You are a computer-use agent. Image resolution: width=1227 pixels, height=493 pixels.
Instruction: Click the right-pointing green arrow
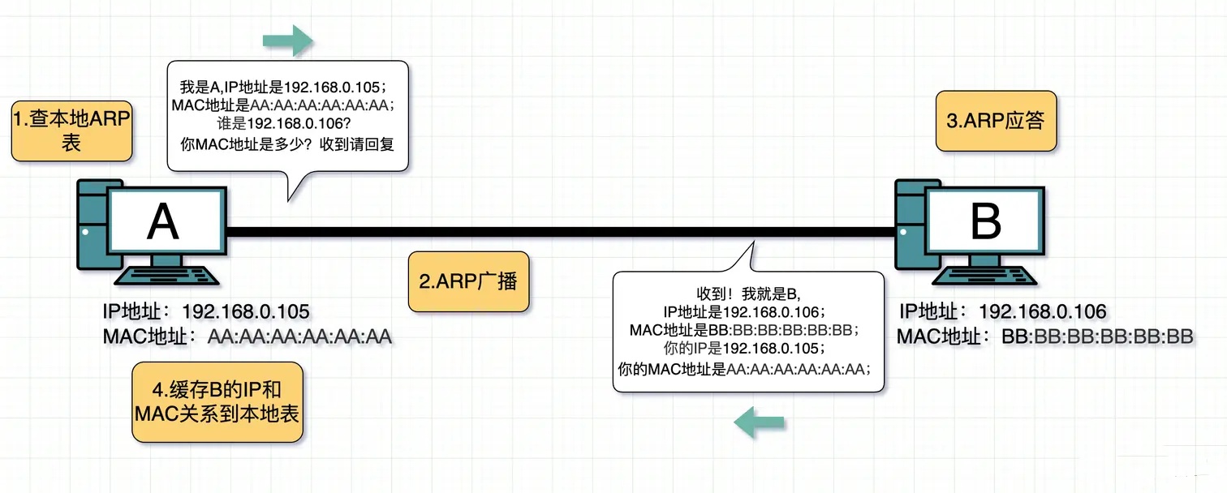pyautogui.click(x=288, y=40)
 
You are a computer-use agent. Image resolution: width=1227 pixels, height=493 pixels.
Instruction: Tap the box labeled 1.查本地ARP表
pyautogui.click(x=71, y=131)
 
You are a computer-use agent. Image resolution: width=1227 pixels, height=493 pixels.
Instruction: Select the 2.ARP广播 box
pyautogui.click(x=468, y=282)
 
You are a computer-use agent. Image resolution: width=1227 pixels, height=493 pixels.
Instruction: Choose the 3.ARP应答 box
pyautogui.click(x=996, y=121)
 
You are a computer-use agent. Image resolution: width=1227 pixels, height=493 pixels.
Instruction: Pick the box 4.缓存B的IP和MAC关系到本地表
pyautogui.click(x=217, y=402)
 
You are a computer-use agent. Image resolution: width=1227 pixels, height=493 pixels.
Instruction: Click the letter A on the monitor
pyautogui.click(x=162, y=221)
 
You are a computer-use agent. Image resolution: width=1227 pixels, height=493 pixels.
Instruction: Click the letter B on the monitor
pyautogui.click(x=985, y=221)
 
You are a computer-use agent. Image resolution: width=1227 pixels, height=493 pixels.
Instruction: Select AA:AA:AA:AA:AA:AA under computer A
pyautogui.click(x=299, y=337)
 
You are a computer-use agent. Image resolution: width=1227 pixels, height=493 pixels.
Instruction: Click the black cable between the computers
pyautogui.click(x=560, y=233)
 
